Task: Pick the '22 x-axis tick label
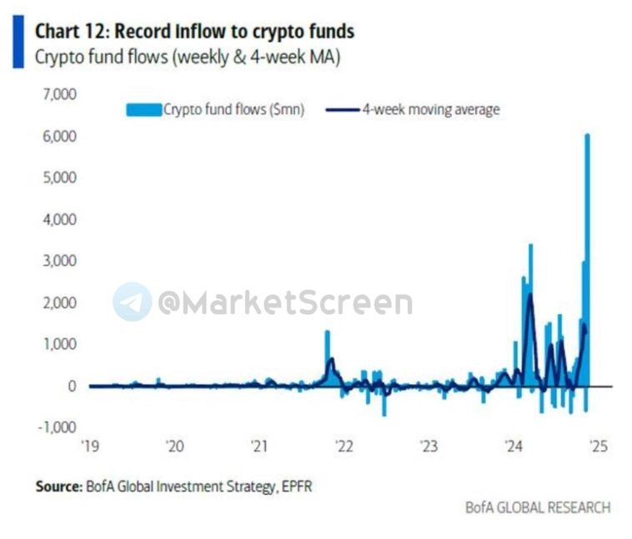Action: pyautogui.click(x=344, y=447)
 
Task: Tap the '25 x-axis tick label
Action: pyautogui.click(x=597, y=447)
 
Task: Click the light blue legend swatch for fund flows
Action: pyautogui.click(x=143, y=109)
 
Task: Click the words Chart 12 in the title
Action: pyautogui.click(x=68, y=32)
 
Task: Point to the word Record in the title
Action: pyautogui.click(x=142, y=32)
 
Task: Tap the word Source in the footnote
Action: pyautogui.click(x=55, y=486)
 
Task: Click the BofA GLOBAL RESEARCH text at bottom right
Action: pyautogui.click(x=538, y=507)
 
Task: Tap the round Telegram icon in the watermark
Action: pyautogui.click(x=133, y=302)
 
